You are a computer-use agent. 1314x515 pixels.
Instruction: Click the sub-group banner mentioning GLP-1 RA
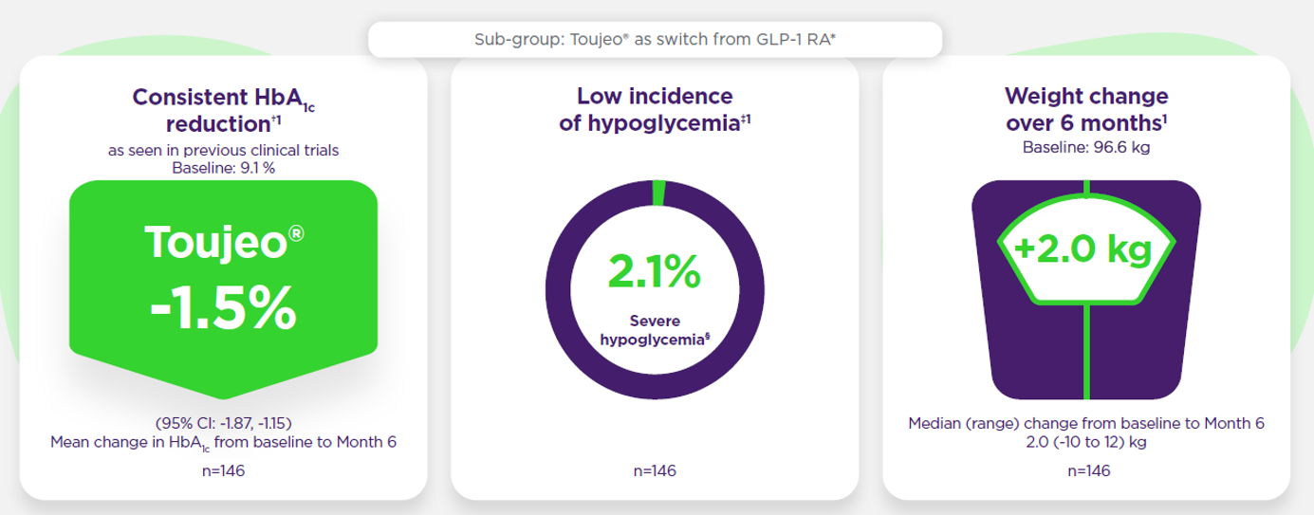[x=654, y=40]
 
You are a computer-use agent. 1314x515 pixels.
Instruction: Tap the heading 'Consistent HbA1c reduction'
[x=223, y=110]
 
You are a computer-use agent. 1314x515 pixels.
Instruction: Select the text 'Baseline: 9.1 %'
[x=223, y=169]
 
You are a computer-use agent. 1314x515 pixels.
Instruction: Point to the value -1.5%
[x=223, y=310]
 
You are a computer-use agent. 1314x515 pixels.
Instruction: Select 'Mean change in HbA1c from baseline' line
[x=223, y=442]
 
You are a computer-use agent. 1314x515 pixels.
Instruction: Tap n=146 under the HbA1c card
[x=223, y=470]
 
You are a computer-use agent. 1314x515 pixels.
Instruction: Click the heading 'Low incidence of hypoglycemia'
[x=654, y=110]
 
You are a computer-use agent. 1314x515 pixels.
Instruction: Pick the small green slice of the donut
[x=658, y=193]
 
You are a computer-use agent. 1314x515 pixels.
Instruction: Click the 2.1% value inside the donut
[x=654, y=272]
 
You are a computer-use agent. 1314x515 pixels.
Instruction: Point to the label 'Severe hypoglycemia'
[x=654, y=330]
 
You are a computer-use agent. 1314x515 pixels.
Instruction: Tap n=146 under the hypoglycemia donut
[x=654, y=470]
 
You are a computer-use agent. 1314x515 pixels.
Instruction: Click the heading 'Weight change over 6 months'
[x=1085, y=110]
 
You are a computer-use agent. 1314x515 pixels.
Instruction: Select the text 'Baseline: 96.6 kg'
[x=1085, y=148]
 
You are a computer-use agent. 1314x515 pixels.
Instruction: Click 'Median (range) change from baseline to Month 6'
[x=1085, y=423]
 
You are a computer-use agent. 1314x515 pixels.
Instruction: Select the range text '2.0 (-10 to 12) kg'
[x=1085, y=442]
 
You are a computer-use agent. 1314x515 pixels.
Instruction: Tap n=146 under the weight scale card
[x=1085, y=470]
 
